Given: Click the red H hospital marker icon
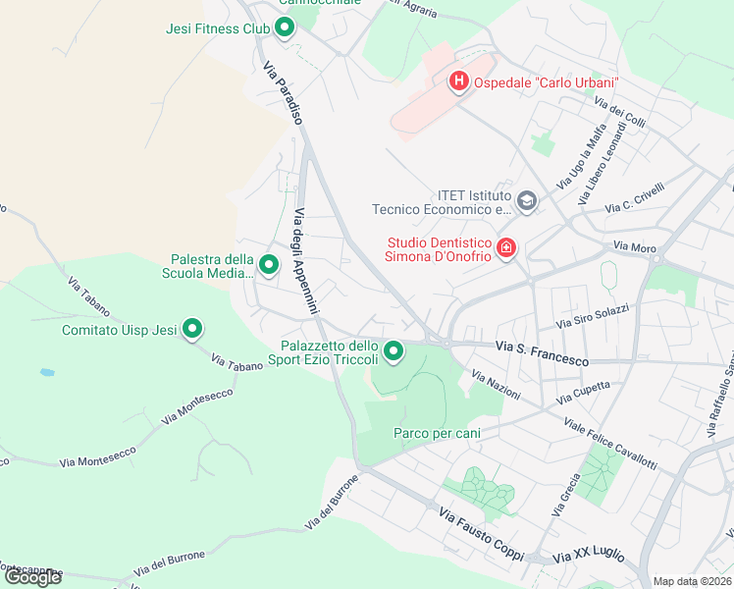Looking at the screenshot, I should (x=457, y=82).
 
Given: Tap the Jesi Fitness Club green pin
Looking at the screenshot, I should (x=285, y=28).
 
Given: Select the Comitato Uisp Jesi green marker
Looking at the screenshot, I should (x=192, y=330).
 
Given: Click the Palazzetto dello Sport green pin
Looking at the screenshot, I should (x=393, y=350).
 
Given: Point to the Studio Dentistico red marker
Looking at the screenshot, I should (x=506, y=248).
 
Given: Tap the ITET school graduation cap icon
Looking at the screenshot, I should (x=527, y=202).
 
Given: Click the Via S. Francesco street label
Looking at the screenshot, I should (x=542, y=354).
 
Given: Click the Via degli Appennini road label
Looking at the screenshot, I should (x=306, y=261).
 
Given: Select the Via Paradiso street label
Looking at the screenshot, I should (x=282, y=93).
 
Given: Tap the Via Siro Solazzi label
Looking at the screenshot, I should (x=592, y=316).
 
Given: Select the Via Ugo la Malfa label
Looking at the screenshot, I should (x=581, y=161).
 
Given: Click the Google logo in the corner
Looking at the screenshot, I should (x=33, y=577).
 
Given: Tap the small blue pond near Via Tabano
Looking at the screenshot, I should (x=47, y=373).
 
